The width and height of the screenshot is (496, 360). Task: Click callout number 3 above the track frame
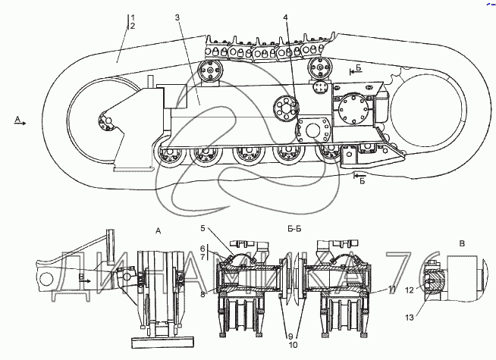coord(177,17)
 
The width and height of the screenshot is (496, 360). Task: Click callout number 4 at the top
coord(286,17)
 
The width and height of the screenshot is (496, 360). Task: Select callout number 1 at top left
coord(133,17)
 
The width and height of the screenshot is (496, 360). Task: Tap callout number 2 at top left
coord(133,26)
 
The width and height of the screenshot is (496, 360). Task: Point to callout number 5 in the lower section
coord(202,228)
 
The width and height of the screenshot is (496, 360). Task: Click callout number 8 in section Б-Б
coord(202,249)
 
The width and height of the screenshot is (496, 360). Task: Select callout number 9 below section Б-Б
coord(202,257)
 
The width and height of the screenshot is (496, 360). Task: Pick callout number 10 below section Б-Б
coord(202,294)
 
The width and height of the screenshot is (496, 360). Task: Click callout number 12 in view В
coord(293,345)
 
